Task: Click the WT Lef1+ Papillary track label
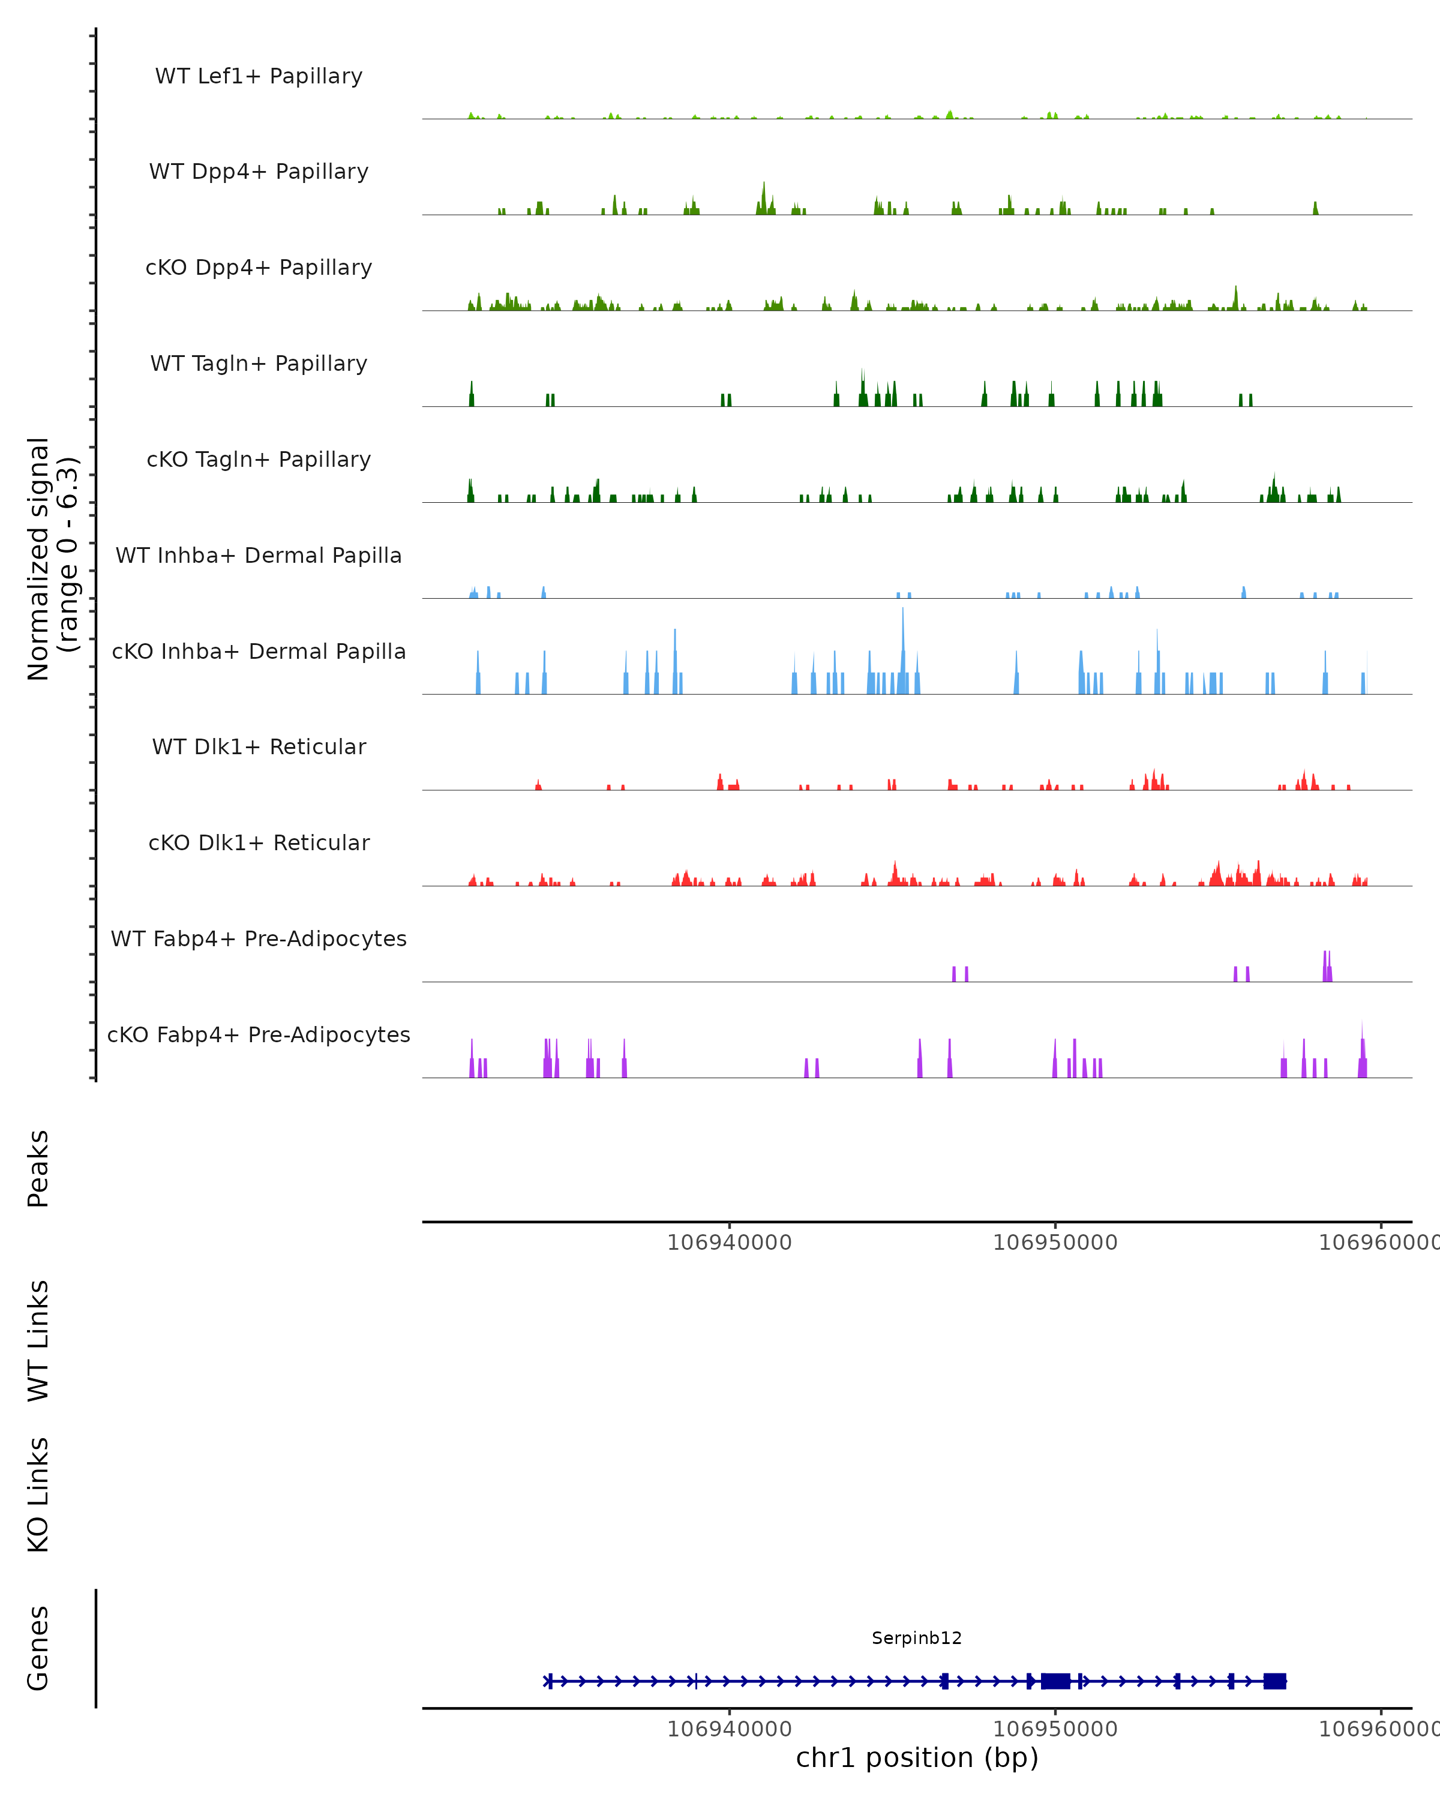(259, 76)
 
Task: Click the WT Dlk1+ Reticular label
(259, 746)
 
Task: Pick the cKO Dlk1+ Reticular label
(259, 842)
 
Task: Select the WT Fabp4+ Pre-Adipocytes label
(259, 938)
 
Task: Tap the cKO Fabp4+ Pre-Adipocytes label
(259, 1034)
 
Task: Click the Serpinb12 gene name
(917, 1638)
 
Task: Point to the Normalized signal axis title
(52, 559)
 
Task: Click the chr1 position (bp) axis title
(917, 1757)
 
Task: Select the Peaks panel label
(38, 1168)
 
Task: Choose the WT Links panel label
(38, 1340)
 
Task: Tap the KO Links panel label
(38, 1495)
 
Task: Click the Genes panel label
(38, 1648)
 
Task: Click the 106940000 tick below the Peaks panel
(729, 1243)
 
